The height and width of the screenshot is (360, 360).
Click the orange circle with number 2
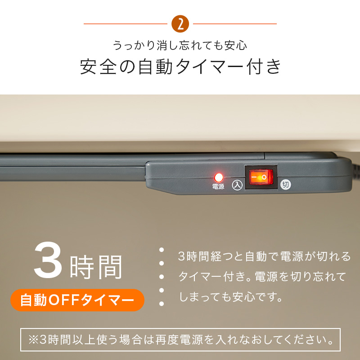point(180,24)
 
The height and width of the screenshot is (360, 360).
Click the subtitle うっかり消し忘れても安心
point(180,46)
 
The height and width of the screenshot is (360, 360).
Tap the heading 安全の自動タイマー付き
point(180,67)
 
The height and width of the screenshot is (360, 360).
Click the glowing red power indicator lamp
point(219,177)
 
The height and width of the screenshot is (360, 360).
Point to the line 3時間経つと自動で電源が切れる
point(264,257)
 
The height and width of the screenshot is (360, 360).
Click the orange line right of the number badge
point(234,24)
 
